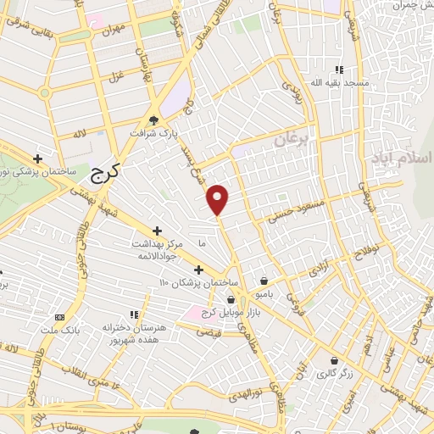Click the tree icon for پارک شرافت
153,120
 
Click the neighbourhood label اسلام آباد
402,159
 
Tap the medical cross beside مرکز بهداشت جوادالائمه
157,231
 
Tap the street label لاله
81,132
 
